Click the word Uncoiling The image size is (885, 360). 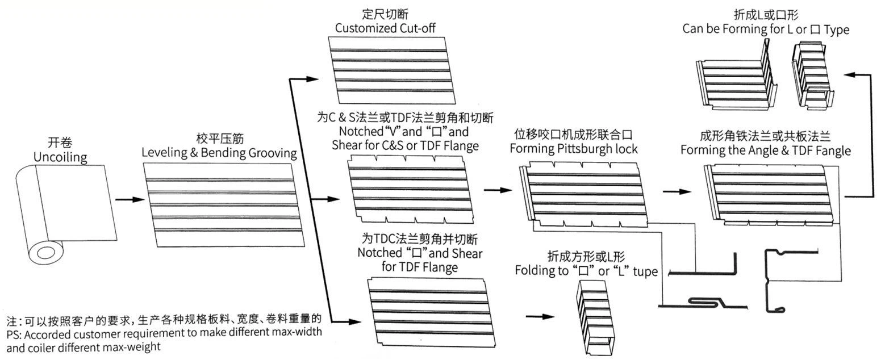coord(60,157)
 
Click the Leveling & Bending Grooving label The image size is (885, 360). coord(219,152)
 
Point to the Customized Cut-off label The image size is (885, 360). coord(385,27)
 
